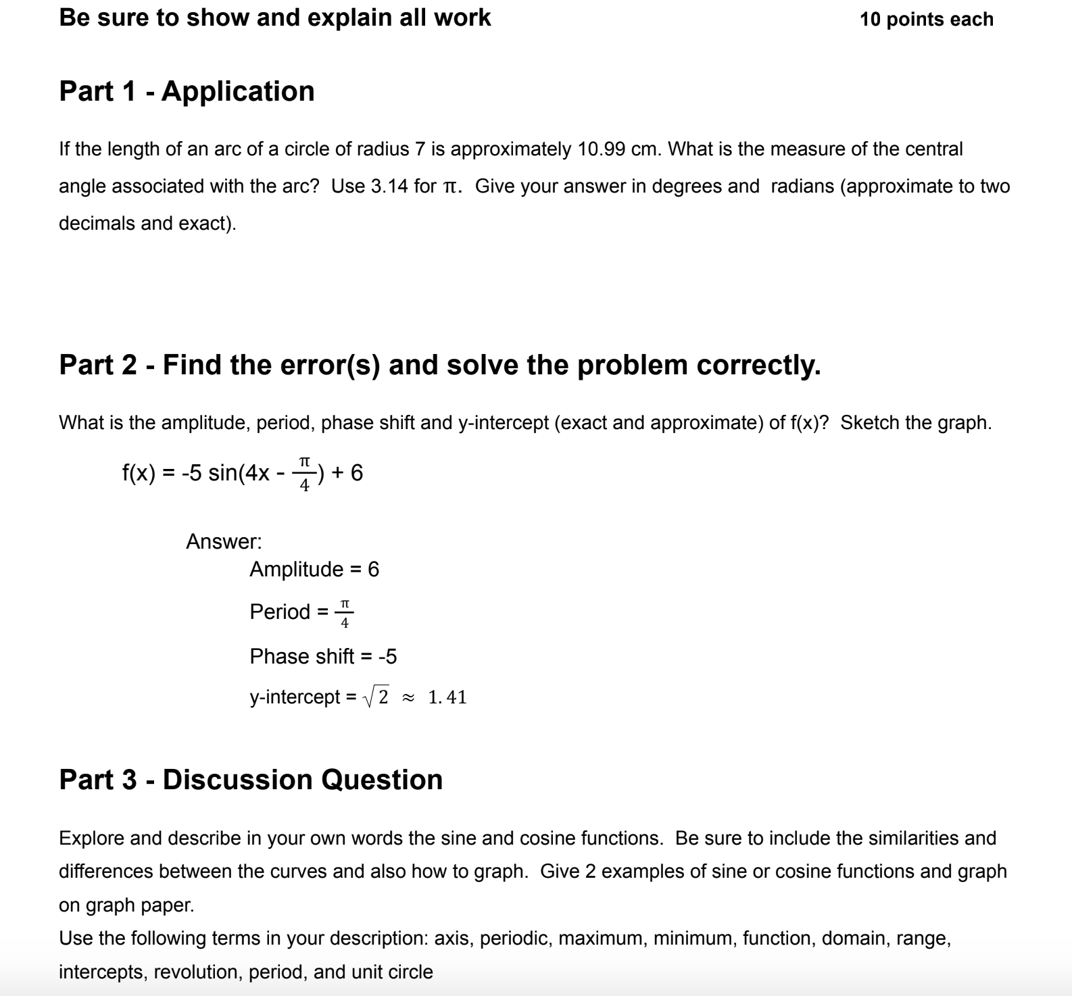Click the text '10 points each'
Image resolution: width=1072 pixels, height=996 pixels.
[x=926, y=20]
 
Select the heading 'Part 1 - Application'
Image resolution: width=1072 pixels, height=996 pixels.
[x=187, y=91]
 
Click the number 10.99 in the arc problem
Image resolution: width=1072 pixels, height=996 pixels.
[x=601, y=149]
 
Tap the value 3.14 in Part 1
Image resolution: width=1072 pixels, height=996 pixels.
[x=389, y=186]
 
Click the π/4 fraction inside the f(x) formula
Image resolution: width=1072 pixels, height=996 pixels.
[x=304, y=473]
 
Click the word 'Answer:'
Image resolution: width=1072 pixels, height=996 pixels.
[x=224, y=541]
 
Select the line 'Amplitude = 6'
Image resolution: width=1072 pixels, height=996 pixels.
[x=314, y=570]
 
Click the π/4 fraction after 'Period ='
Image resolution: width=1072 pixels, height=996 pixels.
[x=345, y=612]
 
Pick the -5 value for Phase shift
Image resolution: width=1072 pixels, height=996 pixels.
[x=387, y=656]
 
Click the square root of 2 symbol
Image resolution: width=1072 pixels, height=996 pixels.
[x=377, y=697]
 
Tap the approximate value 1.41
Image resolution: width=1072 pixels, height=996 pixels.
[x=447, y=697]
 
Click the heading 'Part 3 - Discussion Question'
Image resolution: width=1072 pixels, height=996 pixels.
[x=251, y=780]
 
